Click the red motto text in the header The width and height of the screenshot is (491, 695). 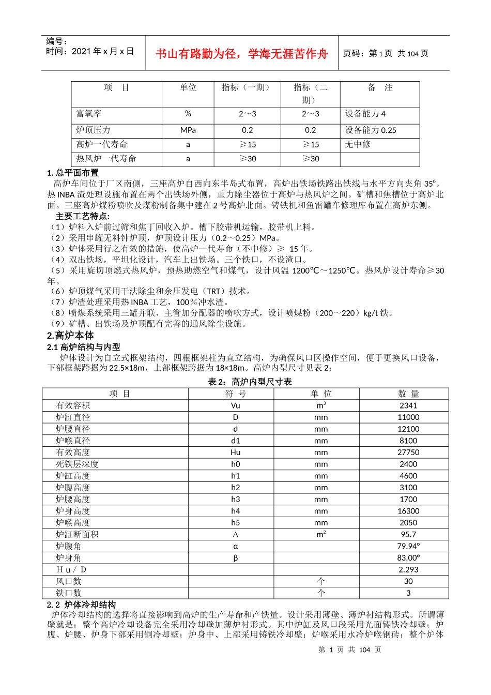click(x=241, y=54)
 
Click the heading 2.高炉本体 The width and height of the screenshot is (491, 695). click(x=70, y=335)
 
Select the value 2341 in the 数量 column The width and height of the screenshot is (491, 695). click(x=408, y=405)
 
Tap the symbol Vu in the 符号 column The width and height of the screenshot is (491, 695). click(x=235, y=405)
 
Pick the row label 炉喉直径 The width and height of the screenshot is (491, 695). click(x=73, y=441)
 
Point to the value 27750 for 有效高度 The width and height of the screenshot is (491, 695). click(x=408, y=452)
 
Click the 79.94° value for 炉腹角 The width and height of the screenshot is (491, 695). click(x=408, y=546)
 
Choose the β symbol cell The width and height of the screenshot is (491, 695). click(x=235, y=558)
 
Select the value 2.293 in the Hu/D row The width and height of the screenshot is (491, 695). click(x=408, y=569)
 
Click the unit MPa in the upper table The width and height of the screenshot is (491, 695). click(x=188, y=130)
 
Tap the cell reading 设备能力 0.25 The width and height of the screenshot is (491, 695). click(x=371, y=130)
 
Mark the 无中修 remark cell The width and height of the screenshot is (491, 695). click(x=358, y=144)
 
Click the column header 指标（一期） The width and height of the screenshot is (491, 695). click(x=247, y=87)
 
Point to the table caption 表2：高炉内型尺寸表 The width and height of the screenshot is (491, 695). click(x=250, y=382)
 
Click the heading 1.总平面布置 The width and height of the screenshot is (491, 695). click(x=73, y=173)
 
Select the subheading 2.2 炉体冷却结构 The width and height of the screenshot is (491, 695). click(x=81, y=605)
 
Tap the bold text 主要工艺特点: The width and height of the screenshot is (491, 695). click(x=83, y=216)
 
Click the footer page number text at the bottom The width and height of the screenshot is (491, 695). click(x=350, y=649)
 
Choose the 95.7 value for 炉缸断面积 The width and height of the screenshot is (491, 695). click(x=408, y=534)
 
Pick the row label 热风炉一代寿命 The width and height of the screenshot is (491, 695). click(x=106, y=159)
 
